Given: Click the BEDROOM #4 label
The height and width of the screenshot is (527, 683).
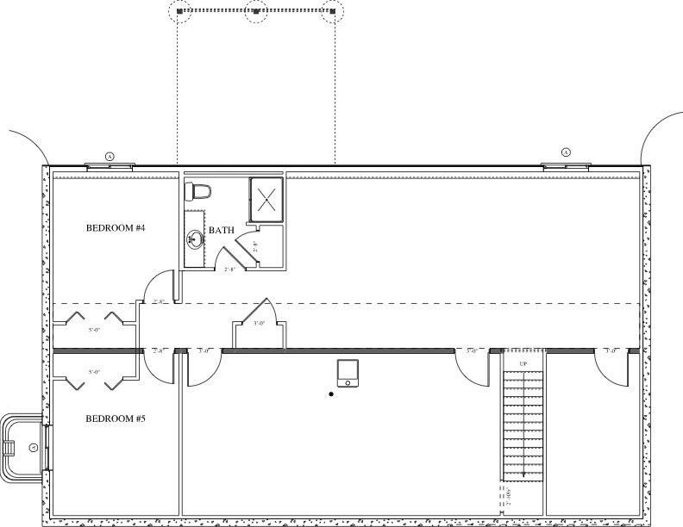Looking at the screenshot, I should point(115,228).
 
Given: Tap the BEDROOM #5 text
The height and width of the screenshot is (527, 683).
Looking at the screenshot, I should point(115,418).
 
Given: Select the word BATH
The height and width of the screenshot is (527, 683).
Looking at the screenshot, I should point(222,230).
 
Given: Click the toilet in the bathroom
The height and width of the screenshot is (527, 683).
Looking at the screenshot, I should point(199,189).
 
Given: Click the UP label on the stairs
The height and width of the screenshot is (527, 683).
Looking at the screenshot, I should point(523,365).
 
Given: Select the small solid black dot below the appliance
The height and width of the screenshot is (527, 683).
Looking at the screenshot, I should point(331,394).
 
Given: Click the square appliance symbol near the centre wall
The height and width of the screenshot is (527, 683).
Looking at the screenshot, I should point(348,373).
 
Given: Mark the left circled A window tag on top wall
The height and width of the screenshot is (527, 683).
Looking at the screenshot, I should point(110,156).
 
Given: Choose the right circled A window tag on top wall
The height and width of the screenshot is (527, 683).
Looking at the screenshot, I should point(566,152).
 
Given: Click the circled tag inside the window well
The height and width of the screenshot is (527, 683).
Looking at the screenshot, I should point(33,446).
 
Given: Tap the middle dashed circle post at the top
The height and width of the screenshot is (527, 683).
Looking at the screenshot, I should point(256,11).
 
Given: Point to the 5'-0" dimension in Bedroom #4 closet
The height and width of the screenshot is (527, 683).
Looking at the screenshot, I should point(95,329).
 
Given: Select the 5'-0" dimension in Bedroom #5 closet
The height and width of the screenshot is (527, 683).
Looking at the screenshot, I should point(95,371).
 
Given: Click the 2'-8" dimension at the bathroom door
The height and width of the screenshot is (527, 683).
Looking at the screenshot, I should point(230,270).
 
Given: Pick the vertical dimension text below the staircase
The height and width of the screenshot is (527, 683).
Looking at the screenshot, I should point(510,497).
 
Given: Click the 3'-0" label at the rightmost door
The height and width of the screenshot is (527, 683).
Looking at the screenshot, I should point(611,351).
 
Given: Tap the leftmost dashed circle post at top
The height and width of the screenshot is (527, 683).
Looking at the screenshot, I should point(179,11).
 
